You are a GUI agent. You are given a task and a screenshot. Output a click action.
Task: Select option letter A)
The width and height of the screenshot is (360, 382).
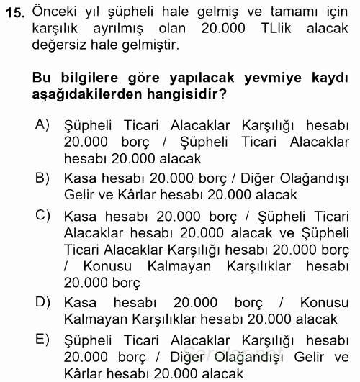point(42,124)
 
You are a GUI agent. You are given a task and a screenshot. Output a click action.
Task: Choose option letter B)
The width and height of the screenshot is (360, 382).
point(42,176)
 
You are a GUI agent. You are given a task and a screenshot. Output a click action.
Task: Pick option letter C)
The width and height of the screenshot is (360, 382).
point(42,214)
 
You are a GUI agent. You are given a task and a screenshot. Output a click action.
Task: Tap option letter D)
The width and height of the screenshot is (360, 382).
point(42,301)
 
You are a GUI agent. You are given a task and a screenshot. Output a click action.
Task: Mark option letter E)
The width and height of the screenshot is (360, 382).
point(42,339)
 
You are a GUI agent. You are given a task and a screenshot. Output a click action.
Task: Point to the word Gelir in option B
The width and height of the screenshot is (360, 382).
point(80,194)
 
